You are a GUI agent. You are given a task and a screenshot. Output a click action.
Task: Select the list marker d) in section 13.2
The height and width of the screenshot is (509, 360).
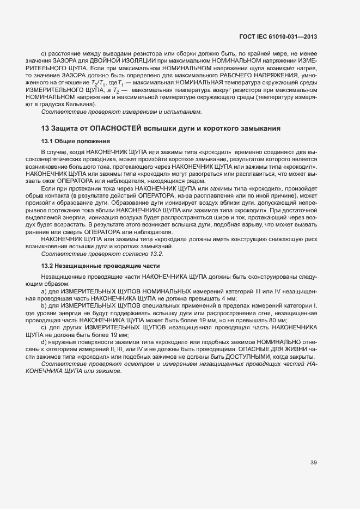click(x=44, y=342)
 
